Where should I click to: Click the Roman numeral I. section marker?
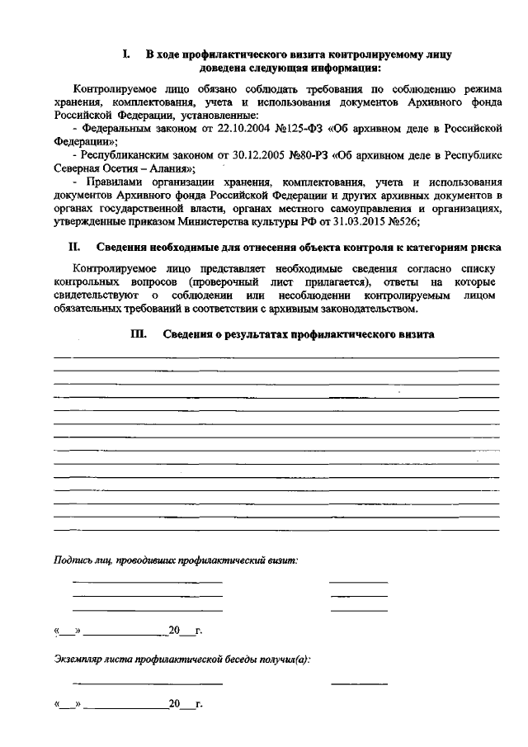[x=125, y=54]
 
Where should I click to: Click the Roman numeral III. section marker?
[x=138, y=334]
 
